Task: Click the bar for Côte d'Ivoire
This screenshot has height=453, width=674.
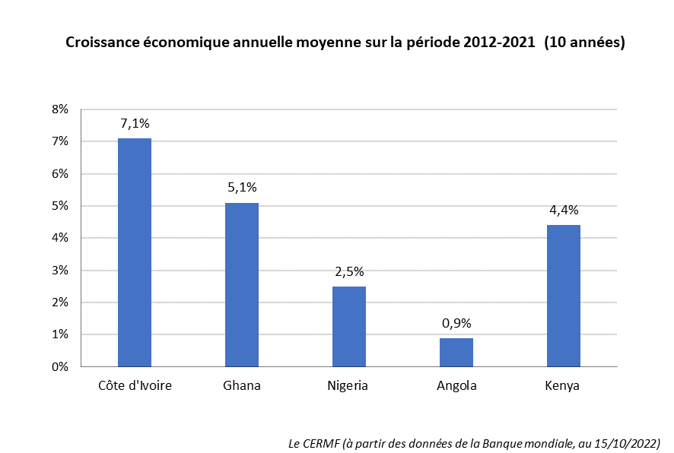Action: click(135, 252)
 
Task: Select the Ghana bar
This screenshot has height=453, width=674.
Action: click(241, 284)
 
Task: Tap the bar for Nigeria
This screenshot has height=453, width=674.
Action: click(348, 326)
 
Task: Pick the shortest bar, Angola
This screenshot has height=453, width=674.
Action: click(456, 352)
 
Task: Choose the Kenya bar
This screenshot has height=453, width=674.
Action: click(564, 296)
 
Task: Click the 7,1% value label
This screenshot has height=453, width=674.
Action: click(135, 123)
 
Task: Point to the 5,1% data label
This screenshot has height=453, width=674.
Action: click(241, 187)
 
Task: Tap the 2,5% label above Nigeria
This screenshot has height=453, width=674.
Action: click(348, 271)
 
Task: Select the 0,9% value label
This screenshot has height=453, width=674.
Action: click(456, 322)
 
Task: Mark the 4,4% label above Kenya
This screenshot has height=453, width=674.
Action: click(564, 210)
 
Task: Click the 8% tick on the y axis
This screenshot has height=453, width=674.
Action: click(60, 109)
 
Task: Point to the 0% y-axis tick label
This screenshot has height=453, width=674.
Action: click(60, 367)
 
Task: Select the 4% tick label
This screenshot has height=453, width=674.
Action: click(60, 238)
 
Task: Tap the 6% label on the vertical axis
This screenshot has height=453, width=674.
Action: click(60, 174)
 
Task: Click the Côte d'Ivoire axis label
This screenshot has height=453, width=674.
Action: click(135, 385)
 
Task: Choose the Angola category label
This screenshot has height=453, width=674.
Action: click(456, 385)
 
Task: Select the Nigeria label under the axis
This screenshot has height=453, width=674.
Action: click(348, 385)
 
